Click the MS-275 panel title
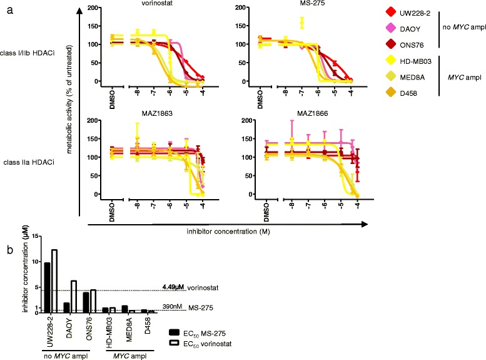pyautogui.click(x=306, y=4)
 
